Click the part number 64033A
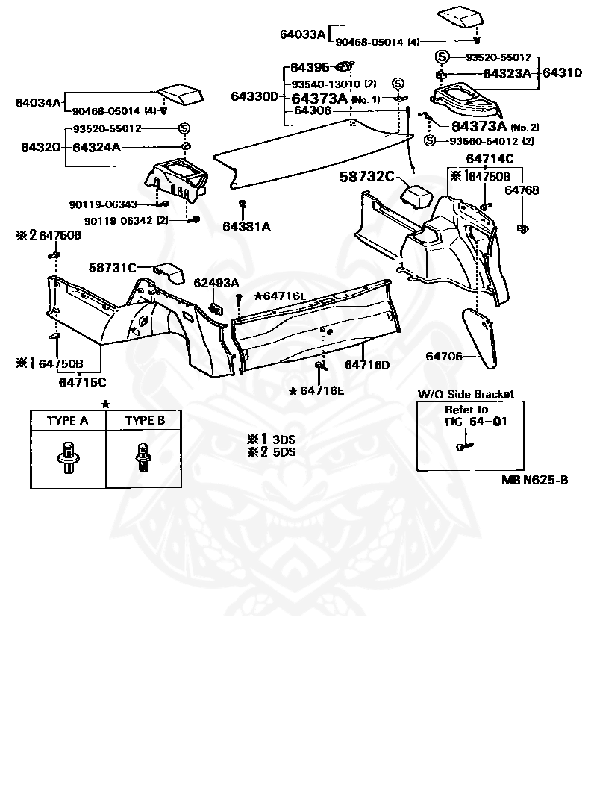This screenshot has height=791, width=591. pyautogui.click(x=302, y=34)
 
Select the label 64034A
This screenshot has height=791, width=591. pyautogui.click(x=38, y=102)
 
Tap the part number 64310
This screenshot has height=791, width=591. pyautogui.click(x=562, y=72)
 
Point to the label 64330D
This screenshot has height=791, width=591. pyautogui.click(x=254, y=96)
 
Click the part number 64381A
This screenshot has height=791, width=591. pyautogui.click(x=246, y=227)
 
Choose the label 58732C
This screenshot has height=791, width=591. pyautogui.click(x=366, y=176)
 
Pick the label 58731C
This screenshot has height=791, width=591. pyautogui.click(x=113, y=268)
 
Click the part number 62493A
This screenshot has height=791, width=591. pyautogui.click(x=216, y=283)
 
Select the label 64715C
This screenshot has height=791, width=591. pyautogui.click(x=82, y=382)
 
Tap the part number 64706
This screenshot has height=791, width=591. pyautogui.click(x=444, y=356)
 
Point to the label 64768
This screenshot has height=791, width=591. pyautogui.click(x=522, y=190)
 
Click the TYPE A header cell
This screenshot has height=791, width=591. pyautogui.click(x=68, y=420)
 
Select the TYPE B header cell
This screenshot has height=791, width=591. pyautogui.click(x=145, y=420)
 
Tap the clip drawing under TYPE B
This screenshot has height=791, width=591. pyautogui.click(x=144, y=457)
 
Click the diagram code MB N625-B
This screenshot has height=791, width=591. pyautogui.click(x=534, y=480)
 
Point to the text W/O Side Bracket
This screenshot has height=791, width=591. pyautogui.click(x=466, y=394)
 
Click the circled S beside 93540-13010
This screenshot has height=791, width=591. pyautogui.click(x=398, y=84)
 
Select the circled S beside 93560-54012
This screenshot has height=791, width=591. pyautogui.click(x=429, y=141)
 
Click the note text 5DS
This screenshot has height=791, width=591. pyautogui.click(x=284, y=452)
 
